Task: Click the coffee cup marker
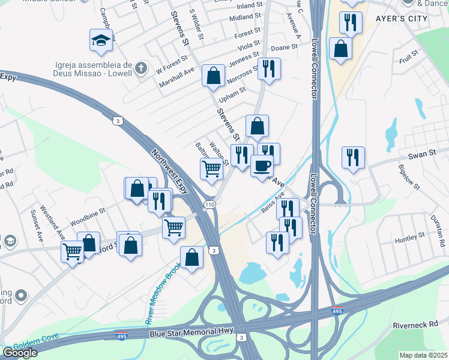tap(262, 165)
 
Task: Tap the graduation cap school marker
tap(101, 40)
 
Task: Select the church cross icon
tap(140, 67)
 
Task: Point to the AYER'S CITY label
tap(402, 19)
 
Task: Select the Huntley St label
tap(409, 238)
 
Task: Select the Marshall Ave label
tap(176, 78)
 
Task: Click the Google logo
tap(19, 353)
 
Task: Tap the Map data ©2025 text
tap(423, 355)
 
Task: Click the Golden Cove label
tap(23, 346)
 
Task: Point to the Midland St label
tap(245, 18)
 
